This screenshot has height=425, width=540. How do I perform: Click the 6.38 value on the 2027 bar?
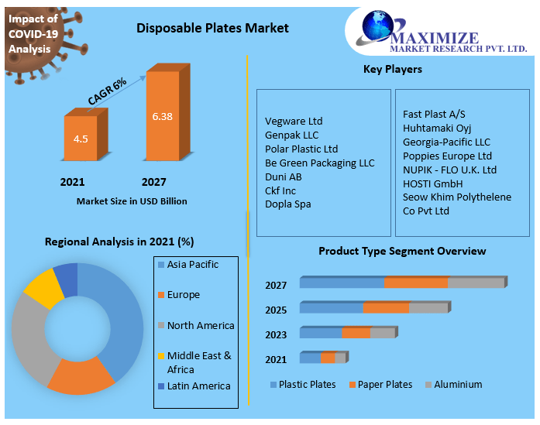pyautogui.click(x=162, y=116)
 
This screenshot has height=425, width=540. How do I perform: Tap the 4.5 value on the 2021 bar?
pyautogui.click(x=81, y=139)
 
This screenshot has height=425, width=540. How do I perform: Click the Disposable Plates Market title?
pyautogui.click(x=212, y=28)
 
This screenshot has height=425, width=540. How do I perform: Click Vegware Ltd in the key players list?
pyautogui.click(x=294, y=122)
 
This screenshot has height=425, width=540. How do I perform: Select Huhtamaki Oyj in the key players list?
pyautogui.click(x=437, y=129)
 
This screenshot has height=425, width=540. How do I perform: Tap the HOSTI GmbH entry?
pyautogui.click(x=432, y=184)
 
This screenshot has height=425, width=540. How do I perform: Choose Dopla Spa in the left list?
pyautogui.click(x=287, y=204)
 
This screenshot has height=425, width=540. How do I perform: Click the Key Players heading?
pyautogui.click(x=392, y=70)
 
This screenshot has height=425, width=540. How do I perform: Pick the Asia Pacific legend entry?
pyautogui.click(x=192, y=265)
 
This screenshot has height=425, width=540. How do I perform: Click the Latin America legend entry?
pyautogui.click(x=198, y=386)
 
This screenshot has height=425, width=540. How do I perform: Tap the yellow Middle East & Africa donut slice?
pyautogui.click(x=43, y=290)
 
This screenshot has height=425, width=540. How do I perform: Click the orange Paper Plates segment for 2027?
pyautogui.click(x=415, y=283)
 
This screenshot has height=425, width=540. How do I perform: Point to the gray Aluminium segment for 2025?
pyautogui.click(x=428, y=307)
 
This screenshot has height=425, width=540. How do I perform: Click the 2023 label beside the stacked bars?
pyautogui.click(x=276, y=334)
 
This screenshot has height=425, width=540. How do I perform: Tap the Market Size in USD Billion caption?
pyautogui.click(x=132, y=201)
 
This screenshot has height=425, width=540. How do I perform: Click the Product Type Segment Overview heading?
pyautogui.click(x=402, y=251)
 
